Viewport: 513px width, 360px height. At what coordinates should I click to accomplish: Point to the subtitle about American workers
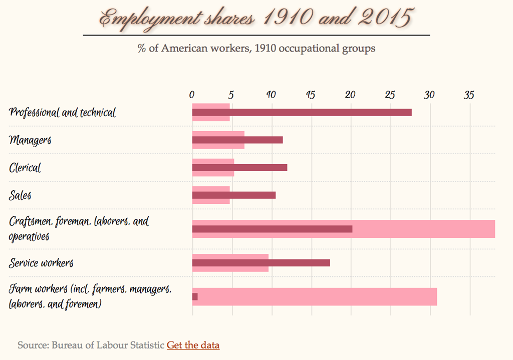tap(256, 49)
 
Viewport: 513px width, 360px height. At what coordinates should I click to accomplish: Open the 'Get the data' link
tap(193, 345)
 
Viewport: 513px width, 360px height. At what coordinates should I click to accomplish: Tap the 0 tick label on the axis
tap(192, 94)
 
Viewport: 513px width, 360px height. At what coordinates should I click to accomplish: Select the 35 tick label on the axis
tap(469, 94)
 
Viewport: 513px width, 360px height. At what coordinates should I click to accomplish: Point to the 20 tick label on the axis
tap(350, 94)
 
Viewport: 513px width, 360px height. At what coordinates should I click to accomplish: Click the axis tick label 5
tap(231, 94)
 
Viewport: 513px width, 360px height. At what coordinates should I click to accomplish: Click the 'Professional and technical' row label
tap(62, 112)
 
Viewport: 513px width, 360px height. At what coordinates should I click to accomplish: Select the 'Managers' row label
tap(30, 140)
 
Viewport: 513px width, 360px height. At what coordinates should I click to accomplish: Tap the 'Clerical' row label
tap(25, 167)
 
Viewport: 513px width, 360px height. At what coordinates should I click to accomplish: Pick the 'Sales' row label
tap(20, 195)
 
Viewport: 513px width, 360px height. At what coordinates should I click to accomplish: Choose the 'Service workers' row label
tap(41, 263)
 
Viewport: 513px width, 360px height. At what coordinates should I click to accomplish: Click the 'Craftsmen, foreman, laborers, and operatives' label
tap(79, 228)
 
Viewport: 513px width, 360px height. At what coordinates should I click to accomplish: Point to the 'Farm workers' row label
tap(90, 296)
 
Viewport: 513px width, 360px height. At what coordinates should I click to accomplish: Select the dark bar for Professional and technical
tap(302, 112)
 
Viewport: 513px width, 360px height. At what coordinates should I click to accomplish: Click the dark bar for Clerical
tap(239, 167)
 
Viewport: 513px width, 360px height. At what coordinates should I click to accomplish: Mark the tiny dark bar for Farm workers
tap(195, 296)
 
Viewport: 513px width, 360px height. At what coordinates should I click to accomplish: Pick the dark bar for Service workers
tap(261, 263)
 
